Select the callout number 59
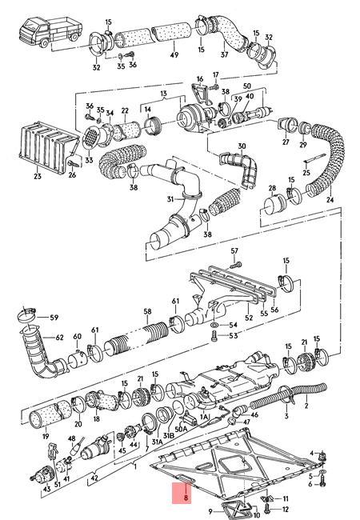pyautogui.click(x=54, y=318)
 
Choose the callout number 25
pyautogui.click(x=306, y=172)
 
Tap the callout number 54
pyautogui.click(x=233, y=326)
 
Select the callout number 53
pyautogui.click(x=233, y=338)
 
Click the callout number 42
pyautogui.click(x=94, y=478)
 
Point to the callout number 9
pyautogui.click(x=210, y=510)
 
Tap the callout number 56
pyautogui.click(x=275, y=308)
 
